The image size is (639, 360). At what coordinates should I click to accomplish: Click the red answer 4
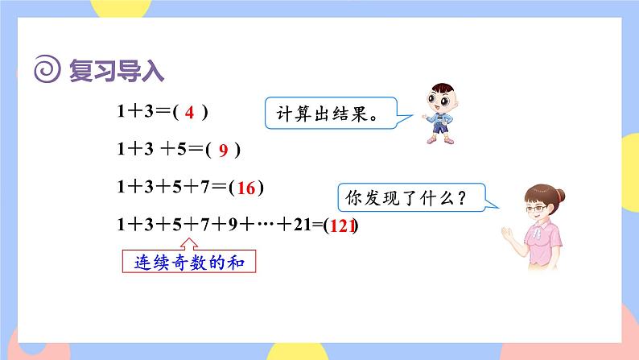pyautogui.click(x=189, y=114)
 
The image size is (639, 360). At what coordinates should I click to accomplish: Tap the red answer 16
pyautogui.click(x=246, y=188)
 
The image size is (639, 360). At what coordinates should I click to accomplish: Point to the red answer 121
pyautogui.click(x=342, y=226)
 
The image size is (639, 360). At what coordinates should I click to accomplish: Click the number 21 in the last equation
pyautogui.click(x=302, y=226)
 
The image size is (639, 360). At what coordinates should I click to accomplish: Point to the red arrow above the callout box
pyautogui.click(x=190, y=242)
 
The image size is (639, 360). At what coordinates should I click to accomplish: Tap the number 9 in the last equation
pyautogui.click(x=231, y=226)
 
